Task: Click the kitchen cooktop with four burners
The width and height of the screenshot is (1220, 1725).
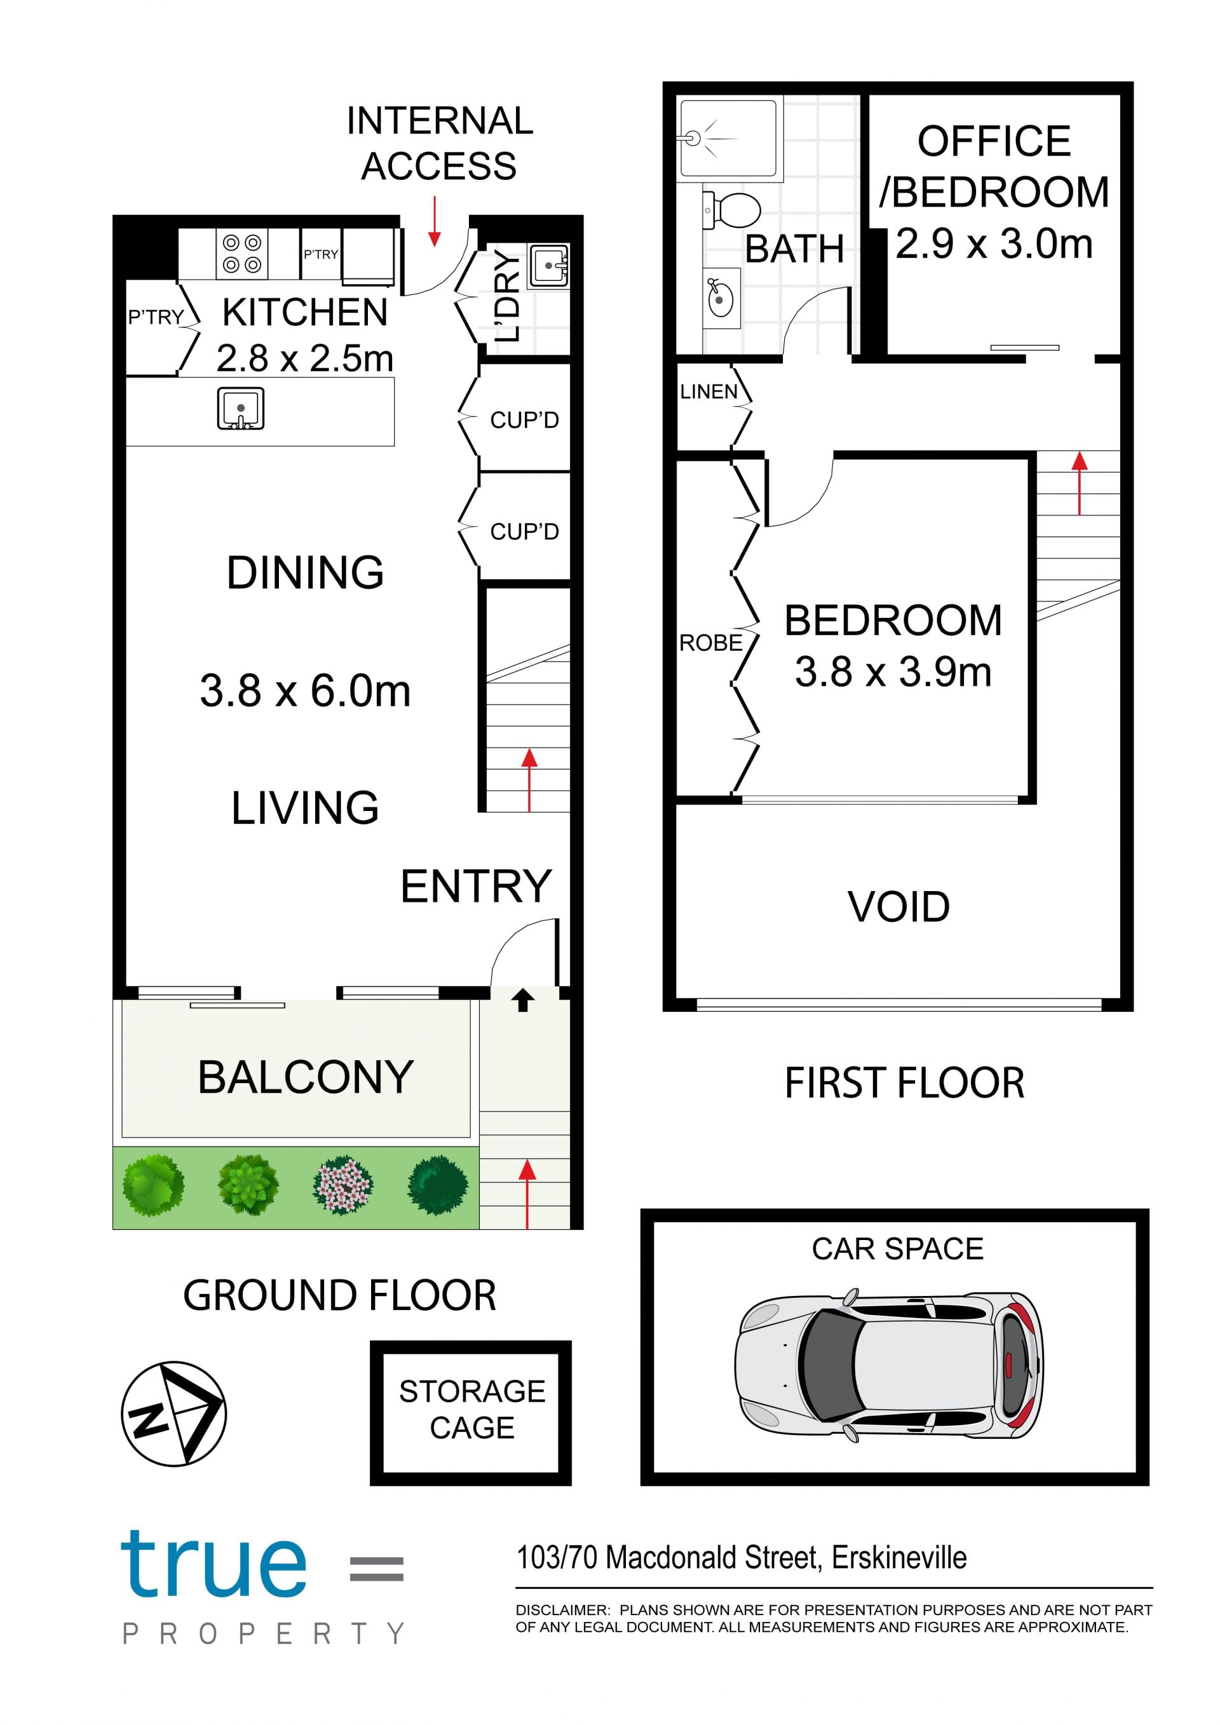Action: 242,254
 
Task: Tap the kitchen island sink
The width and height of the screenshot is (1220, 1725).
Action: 240,409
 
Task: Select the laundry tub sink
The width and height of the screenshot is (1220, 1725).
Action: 549,265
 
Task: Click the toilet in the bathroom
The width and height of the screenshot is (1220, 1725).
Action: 732,210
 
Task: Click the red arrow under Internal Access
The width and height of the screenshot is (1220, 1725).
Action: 434,222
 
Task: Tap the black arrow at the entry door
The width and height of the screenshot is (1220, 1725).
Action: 523,1000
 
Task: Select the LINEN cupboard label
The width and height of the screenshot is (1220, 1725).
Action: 708,392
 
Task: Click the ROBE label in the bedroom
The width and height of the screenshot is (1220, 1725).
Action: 710,643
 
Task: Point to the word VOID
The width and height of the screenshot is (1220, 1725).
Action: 898,907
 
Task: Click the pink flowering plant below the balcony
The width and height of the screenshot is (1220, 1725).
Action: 342,1185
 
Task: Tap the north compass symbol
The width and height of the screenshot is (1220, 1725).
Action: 173,1414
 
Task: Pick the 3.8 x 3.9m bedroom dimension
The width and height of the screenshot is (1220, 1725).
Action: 893,672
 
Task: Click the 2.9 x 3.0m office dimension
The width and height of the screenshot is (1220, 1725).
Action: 994,243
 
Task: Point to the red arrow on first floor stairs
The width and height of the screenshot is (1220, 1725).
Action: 1080,483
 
